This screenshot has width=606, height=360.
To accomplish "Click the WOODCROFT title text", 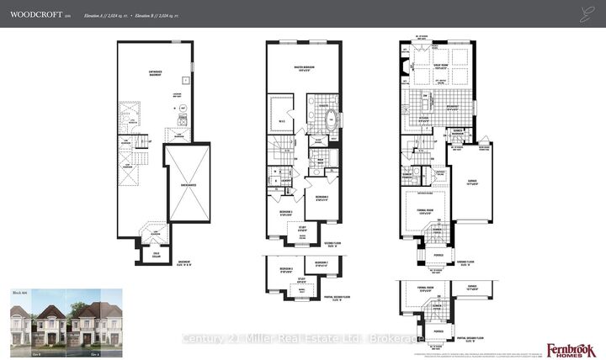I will click(34, 14).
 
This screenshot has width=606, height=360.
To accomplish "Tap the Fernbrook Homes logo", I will click(571, 349).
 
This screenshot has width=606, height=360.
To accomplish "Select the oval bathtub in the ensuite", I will click(328, 118).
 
